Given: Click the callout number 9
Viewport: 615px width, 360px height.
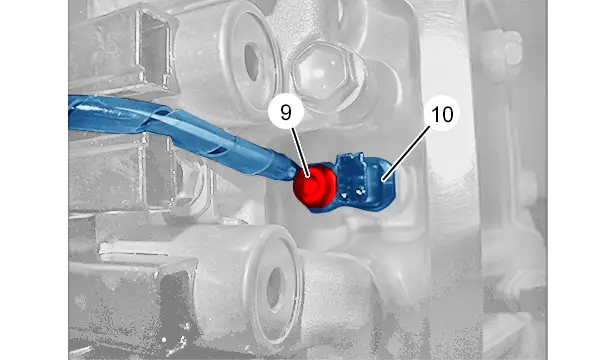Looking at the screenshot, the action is [286, 113].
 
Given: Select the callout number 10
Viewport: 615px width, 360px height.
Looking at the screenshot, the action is [442, 114].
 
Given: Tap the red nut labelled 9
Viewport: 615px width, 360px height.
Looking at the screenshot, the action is [315, 185].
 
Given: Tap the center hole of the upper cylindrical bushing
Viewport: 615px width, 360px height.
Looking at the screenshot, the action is [252, 62].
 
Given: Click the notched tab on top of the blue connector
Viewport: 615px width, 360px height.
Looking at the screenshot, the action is [351, 161].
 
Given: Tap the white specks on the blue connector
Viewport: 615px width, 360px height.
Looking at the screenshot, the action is [352, 192].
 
